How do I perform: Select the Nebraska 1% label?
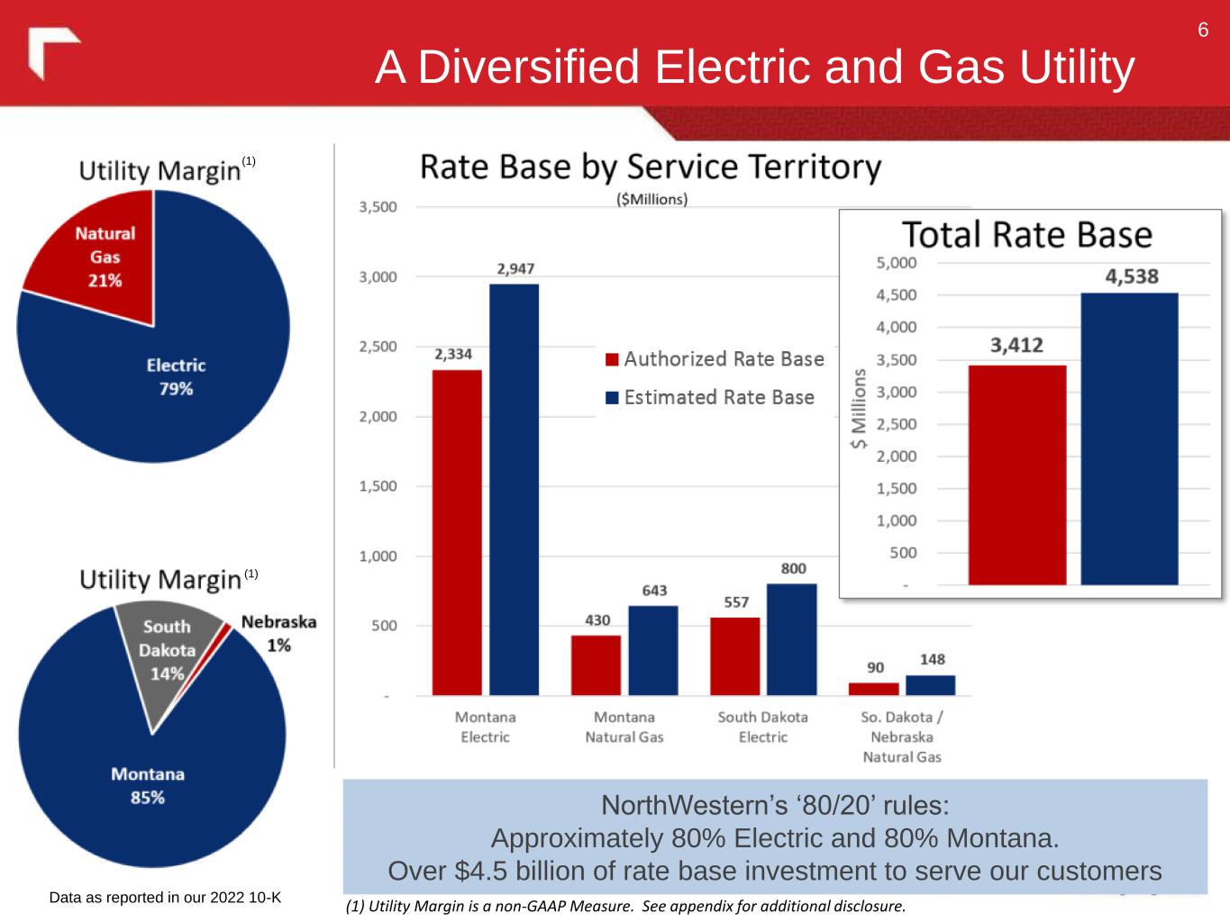point(278,633)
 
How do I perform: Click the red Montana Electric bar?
point(457,531)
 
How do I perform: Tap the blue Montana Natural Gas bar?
point(653,650)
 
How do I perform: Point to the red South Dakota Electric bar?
point(734,655)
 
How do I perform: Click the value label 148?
point(933,659)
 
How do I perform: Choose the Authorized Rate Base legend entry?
point(715,359)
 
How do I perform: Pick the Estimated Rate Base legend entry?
point(710,397)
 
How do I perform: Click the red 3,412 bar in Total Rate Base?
point(1017,475)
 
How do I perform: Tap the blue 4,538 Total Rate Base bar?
point(1129,438)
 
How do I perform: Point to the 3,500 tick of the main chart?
point(378,207)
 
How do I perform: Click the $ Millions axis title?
point(860,409)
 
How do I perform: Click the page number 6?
point(1203,31)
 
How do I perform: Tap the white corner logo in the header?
point(52,53)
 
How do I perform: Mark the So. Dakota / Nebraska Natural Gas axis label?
point(902,737)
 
